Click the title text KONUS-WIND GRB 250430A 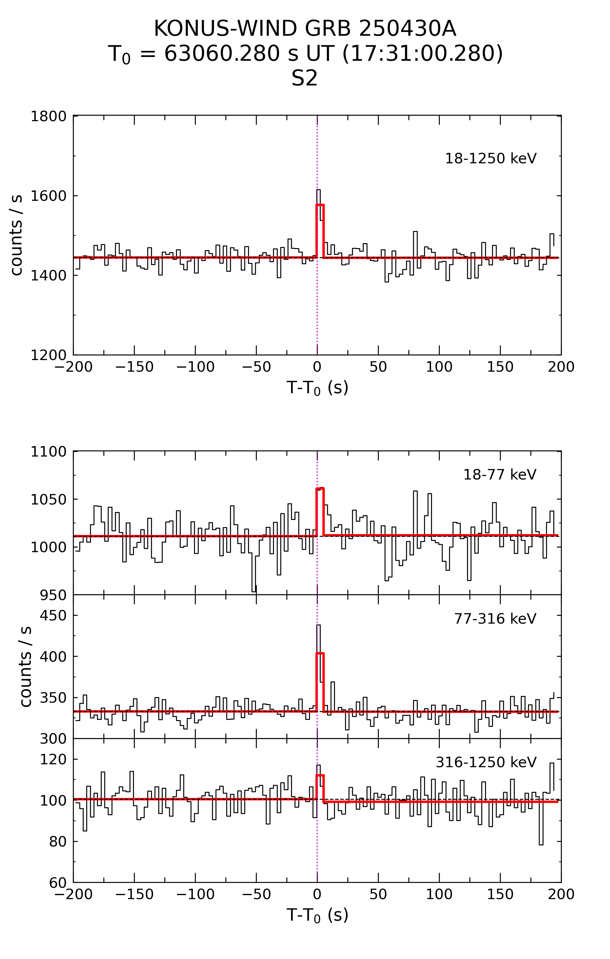pos(305,29)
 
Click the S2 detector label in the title pos(305,78)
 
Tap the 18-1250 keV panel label pos(491,158)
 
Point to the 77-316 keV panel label pos(495,618)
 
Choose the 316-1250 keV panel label pos(486,762)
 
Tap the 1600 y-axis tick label pos(49,196)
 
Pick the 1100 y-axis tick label pos(49,452)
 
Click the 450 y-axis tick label pos(53,616)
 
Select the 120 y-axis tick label pos(53,759)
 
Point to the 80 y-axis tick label pos(58,842)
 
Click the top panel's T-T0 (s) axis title pos(317,387)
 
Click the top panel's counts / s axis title pos(17,235)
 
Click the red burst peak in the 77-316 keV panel pos(320,654)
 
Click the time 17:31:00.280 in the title pos(422,54)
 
